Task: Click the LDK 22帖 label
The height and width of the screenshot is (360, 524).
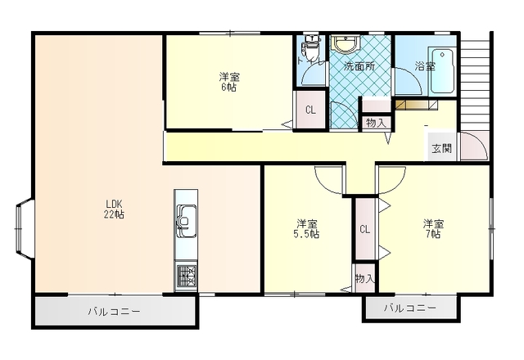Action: (x=114, y=209)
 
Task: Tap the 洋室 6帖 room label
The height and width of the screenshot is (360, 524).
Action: (x=229, y=82)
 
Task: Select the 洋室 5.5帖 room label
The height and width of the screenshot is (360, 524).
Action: (x=308, y=228)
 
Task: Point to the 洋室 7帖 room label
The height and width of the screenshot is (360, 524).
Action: (x=433, y=228)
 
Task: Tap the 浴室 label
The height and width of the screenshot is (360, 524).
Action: (x=424, y=66)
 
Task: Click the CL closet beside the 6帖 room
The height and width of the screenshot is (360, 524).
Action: (x=311, y=110)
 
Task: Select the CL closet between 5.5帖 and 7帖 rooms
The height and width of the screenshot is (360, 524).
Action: (x=364, y=229)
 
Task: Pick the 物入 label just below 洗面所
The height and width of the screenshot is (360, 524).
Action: (x=376, y=123)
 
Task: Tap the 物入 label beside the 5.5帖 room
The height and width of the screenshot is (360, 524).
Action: (x=365, y=279)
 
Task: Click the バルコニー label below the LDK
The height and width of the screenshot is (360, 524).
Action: (x=114, y=312)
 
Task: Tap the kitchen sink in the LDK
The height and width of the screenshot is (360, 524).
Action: (x=185, y=219)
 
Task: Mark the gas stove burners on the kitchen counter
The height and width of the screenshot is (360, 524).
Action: (x=186, y=276)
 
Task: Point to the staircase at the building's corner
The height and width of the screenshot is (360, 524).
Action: (x=477, y=82)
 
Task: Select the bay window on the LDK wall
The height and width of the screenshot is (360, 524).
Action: (x=23, y=229)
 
